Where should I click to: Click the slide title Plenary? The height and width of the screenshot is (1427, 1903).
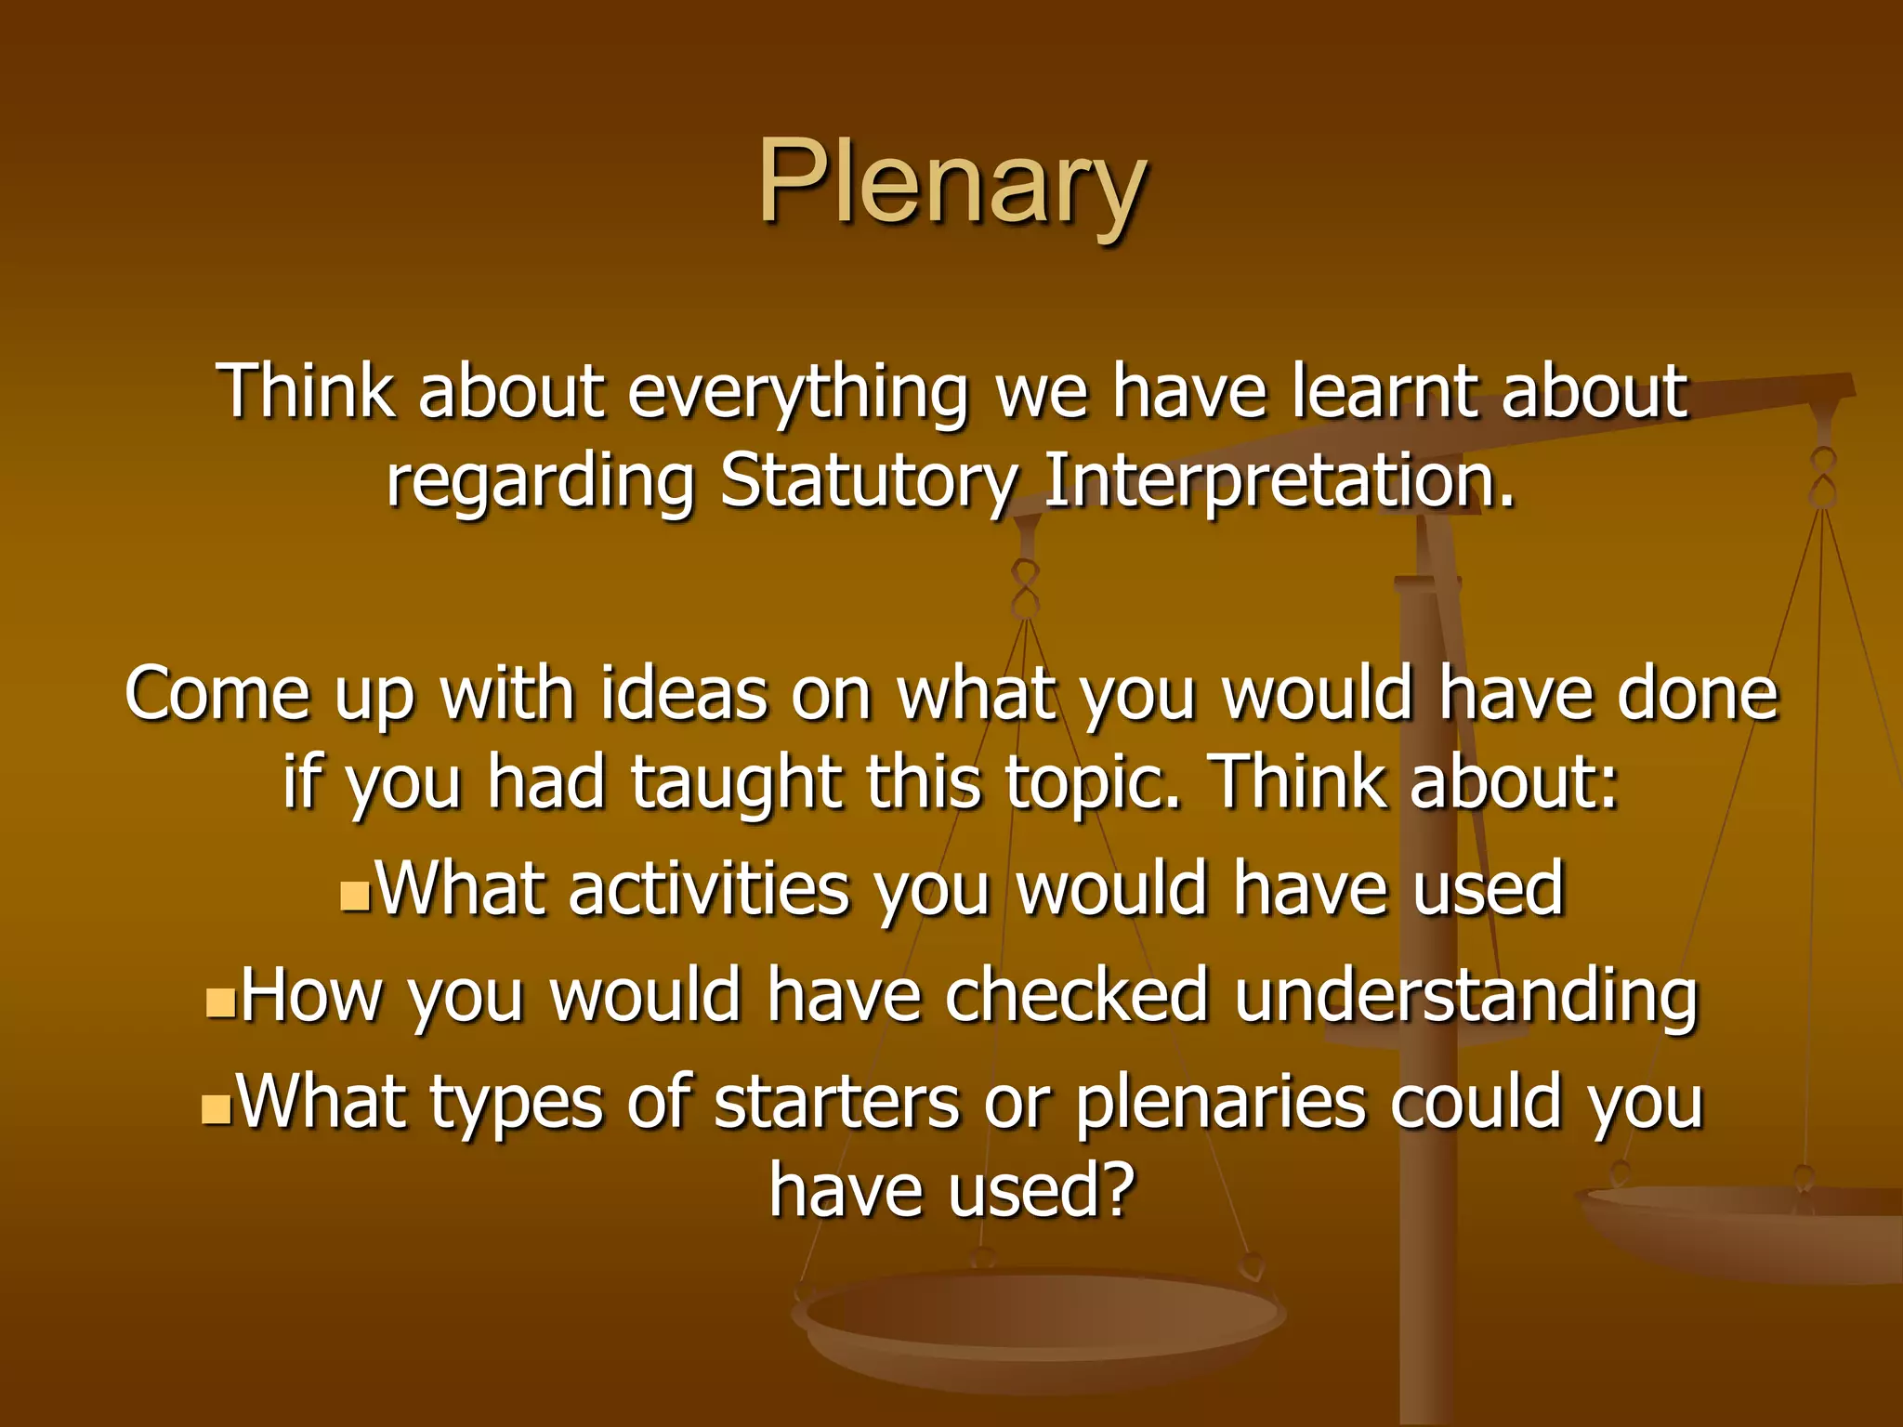point(952,184)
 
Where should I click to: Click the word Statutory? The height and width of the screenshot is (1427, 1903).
point(868,482)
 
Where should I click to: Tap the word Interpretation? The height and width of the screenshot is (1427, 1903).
point(1279,482)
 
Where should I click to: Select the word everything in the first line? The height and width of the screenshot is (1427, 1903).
point(797,392)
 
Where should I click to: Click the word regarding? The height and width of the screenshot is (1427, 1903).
point(540,484)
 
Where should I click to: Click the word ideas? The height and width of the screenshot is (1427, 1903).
point(684,694)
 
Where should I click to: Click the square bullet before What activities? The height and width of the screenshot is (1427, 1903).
point(355,897)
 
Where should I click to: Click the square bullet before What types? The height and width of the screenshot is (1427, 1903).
point(216,1109)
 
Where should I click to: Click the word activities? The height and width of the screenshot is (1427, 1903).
point(709,889)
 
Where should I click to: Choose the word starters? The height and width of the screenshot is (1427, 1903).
point(836,1103)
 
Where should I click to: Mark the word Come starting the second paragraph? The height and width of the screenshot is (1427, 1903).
point(217,694)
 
